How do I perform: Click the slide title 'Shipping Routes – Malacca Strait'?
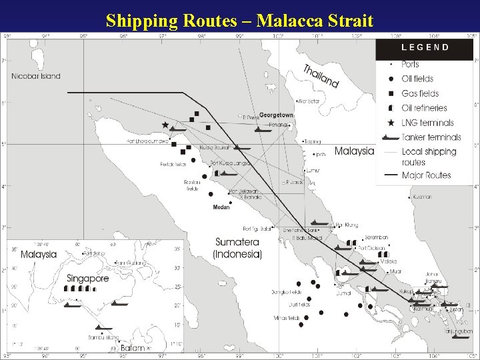240,21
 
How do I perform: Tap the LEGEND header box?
425,47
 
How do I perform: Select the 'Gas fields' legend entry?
420,93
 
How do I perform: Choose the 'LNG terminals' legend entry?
427,123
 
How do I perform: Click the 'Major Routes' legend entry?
426,175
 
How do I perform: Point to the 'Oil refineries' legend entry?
424,108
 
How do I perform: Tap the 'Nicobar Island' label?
36,76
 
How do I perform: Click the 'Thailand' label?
321,75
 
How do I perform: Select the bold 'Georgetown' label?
276,115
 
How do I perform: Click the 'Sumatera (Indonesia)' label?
237,248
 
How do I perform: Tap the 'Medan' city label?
221,207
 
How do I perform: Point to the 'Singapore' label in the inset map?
87,279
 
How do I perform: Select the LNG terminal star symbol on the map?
165,125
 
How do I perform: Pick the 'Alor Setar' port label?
309,101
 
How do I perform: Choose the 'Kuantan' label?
421,197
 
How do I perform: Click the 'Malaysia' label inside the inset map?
39,254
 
